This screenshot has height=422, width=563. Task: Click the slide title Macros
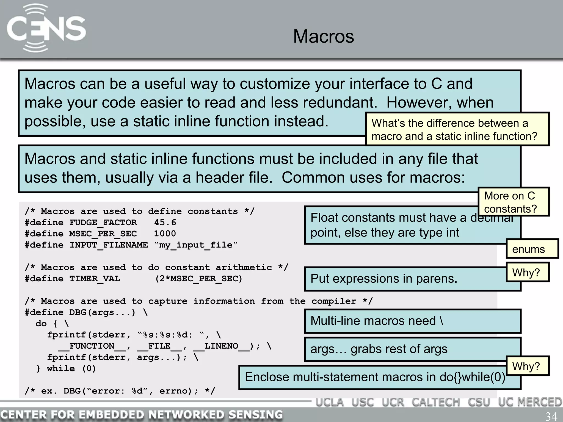(324, 36)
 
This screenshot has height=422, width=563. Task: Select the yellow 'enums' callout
(532, 249)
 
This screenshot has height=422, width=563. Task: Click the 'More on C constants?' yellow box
(513, 202)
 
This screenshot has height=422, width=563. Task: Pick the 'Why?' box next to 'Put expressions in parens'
(527, 272)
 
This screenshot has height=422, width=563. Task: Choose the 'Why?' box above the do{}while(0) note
(527, 366)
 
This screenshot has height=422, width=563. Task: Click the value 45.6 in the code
(165, 222)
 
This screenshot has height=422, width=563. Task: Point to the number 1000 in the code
(165, 234)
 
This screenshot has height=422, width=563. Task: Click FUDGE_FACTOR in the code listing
(103, 222)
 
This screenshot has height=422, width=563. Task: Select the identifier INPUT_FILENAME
(108, 245)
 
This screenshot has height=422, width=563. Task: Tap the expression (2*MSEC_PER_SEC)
(199, 279)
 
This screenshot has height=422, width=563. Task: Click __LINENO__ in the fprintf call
(221, 346)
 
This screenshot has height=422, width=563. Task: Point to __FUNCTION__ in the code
(92, 346)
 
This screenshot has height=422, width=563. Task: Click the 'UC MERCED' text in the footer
(530, 402)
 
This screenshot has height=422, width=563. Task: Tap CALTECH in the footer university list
(435, 402)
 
